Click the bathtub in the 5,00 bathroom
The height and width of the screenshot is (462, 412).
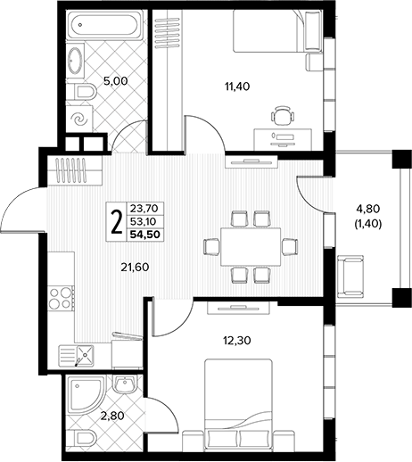pyautogui.click(x=104, y=25)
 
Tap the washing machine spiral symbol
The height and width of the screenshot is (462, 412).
pyautogui.click(x=80, y=120)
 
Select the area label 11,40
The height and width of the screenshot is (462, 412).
pyautogui.click(x=237, y=87)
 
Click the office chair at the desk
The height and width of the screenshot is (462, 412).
pyautogui.click(x=283, y=117)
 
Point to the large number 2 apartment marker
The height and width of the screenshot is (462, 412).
pyautogui.click(x=116, y=222)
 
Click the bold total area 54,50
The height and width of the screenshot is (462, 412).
pyautogui.click(x=144, y=235)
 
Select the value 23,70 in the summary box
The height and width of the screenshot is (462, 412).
pyautogui.click(x=144, y=208)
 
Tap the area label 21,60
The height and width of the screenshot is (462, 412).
pyautogui.click(x=135, y=268)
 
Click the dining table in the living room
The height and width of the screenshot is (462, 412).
pyautogui.click(x=251, y=247)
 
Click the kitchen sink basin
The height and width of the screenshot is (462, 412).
pyautogui.click(x=86, y=354)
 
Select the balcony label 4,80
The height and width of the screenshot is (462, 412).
pyautogui.click(x=368, y=209)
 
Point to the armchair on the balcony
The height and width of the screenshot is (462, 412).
pyautogui.click(x=350, y=276)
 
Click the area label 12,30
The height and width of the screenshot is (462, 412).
pyautogui.click(x=237, y=341)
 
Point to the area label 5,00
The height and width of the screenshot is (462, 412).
pyautogui.click(x=115, y=80)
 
